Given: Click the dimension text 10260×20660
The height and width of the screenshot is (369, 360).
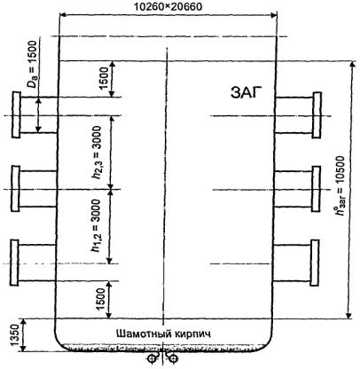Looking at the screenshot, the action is click(x=168, y=6).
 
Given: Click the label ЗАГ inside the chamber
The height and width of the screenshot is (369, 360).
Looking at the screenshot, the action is click(x=247, y=93).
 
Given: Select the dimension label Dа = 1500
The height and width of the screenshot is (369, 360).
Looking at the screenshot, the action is click(x=32, y=64).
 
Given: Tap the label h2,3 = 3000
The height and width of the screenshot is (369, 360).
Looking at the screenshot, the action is click(x=97, y=153).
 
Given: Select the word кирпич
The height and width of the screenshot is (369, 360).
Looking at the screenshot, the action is click(x=193, y=334).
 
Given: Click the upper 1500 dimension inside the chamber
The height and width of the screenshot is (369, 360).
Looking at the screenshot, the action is click(x=104, y=79).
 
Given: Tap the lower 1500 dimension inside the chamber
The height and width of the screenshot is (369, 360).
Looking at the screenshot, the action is click(x=100, y=299).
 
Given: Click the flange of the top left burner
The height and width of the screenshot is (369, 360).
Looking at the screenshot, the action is click(x=16, y=114).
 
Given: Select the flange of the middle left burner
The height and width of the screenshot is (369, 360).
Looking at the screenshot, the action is click(x=15, y=189).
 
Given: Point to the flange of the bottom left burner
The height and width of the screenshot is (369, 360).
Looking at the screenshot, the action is click(x=14, y=263).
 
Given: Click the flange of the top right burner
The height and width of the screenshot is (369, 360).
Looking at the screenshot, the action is click(x=317, y=115).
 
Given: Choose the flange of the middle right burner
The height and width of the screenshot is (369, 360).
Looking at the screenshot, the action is click(x=316, y=189).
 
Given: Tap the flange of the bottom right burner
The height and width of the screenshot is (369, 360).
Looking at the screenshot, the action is click(x=315, y=263).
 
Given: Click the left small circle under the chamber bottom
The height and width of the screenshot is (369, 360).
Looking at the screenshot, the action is click(x=152, y=358).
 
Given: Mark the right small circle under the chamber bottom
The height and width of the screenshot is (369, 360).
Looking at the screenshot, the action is click(x=175, y=358).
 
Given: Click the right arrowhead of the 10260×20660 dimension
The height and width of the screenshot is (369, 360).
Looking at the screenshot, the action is click(x=274, y=14).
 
